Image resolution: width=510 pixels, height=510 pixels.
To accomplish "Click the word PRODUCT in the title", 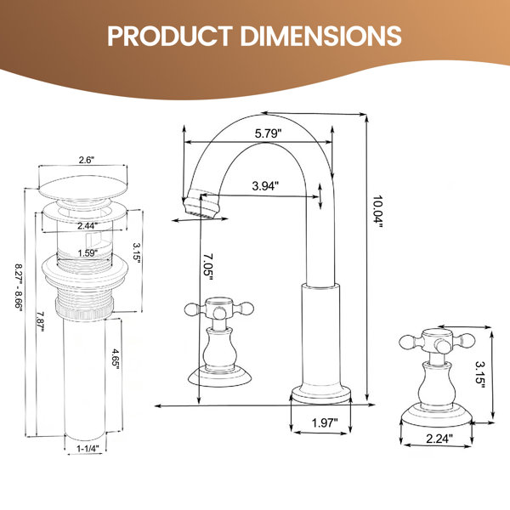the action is [x=170, y=36].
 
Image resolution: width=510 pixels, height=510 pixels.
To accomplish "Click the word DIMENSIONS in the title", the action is [x=320, y=36].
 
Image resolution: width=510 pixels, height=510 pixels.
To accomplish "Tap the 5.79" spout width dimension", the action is [x=268, y=133].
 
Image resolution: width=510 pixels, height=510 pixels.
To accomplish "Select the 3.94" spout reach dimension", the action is [x=265, y=185].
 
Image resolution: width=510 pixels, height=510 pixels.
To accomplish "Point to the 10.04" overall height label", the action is [x=377, y=212].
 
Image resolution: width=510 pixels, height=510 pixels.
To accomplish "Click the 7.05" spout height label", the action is [x=208, y=264].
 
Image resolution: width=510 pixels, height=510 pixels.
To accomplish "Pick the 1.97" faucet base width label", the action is [x=325, y=422].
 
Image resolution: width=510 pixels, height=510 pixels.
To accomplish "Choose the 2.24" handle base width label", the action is [x=439, y=439].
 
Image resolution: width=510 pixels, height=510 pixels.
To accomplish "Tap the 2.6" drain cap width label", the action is [x=86, y=160].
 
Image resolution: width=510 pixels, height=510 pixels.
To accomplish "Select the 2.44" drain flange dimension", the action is [x=88, y=225].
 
